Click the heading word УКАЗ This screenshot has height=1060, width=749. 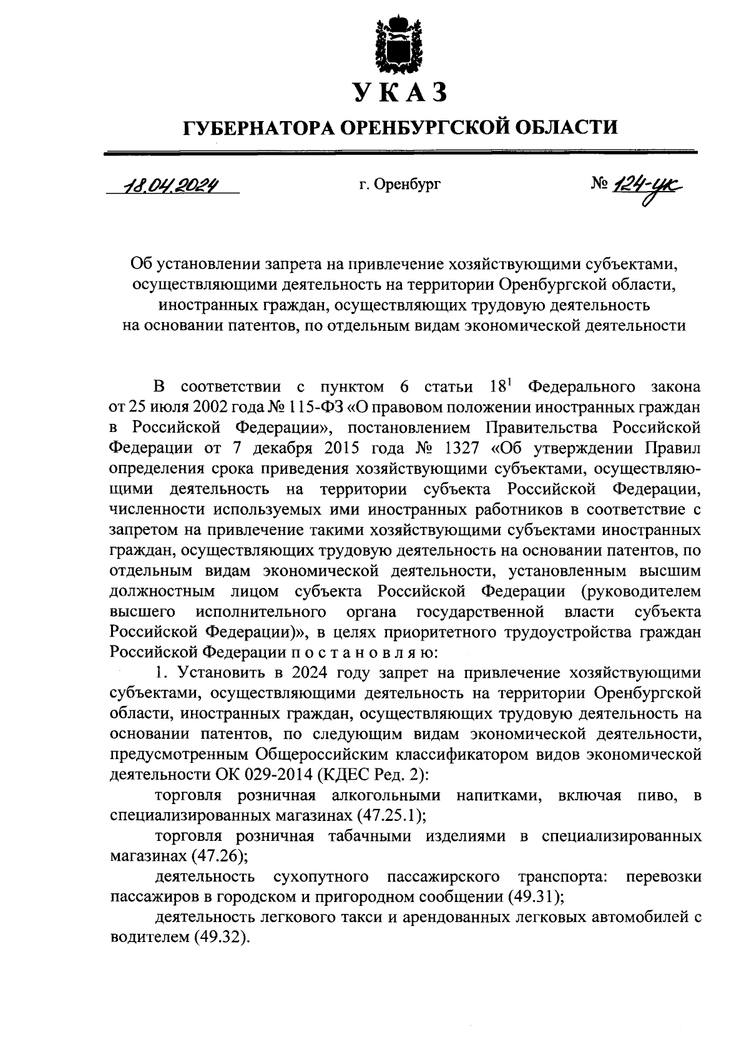400,92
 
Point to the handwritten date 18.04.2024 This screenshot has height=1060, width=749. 169,184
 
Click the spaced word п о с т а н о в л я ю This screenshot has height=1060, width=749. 360,652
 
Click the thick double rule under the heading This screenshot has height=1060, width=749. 399,152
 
